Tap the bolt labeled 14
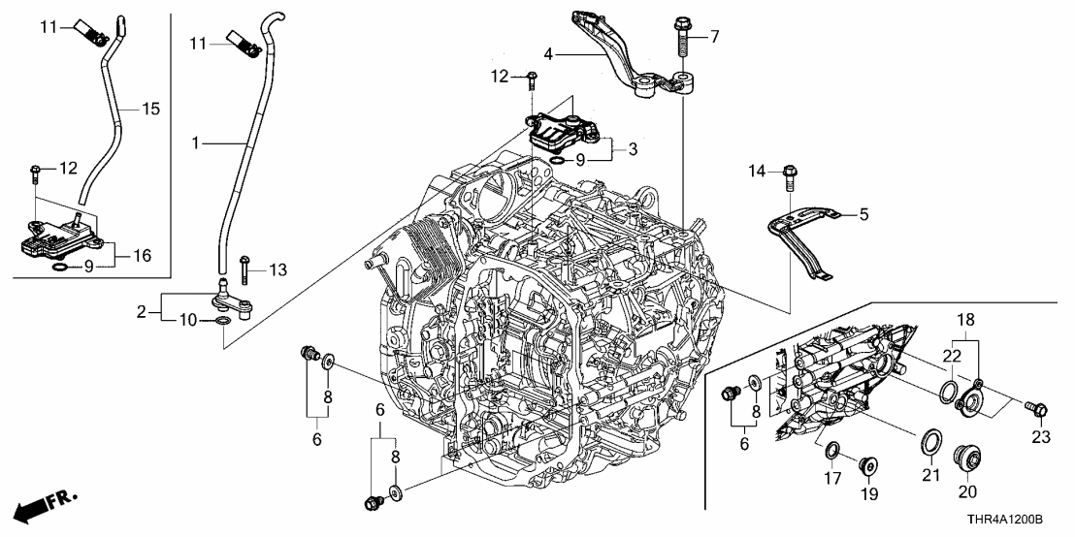(788, 176)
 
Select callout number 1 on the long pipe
(197, 143)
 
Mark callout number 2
(143, 312)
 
